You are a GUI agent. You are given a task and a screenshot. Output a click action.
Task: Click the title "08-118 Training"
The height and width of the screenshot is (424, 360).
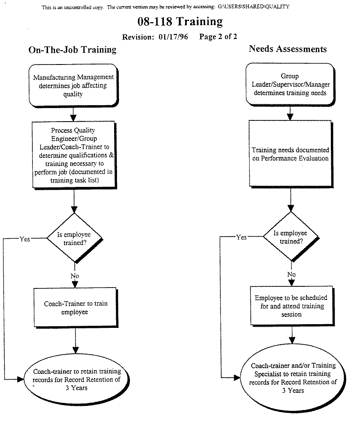(x=180, y=22)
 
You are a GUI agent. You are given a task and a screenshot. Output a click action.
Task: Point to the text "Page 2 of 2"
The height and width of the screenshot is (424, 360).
(x=218, y=37)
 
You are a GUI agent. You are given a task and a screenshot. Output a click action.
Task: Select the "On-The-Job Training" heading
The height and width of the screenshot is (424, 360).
(x=72, y=50)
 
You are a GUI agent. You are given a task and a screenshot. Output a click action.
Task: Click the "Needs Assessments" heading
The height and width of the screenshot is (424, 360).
(x=288, y=49)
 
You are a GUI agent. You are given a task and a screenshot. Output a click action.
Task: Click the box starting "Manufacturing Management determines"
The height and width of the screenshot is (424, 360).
(x=73, y=85)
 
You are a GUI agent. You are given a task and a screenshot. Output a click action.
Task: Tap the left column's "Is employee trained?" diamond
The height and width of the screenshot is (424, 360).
(x=74, y=238)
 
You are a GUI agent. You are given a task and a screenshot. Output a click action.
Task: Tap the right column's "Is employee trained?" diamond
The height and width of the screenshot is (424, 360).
(x=291, y=237)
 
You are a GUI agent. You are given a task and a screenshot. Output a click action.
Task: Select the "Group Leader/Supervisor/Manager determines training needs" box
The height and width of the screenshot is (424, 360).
(x=290, y=84)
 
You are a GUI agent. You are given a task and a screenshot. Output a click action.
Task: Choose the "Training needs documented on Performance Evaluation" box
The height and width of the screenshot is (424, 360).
(x=290, y=154)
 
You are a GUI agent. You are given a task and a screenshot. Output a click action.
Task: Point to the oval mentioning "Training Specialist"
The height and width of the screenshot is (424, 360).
(x=293, y=378)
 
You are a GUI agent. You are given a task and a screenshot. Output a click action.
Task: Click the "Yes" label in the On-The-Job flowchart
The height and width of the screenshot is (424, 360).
(x=25, y=239)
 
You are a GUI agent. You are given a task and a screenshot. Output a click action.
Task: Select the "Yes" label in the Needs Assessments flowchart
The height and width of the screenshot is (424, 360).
(x=241, y=237)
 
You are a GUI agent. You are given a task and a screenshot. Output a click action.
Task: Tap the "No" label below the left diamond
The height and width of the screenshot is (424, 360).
(x=74, y=276)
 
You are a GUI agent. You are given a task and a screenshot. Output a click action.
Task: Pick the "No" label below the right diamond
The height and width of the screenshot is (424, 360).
(x=291, y=274)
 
